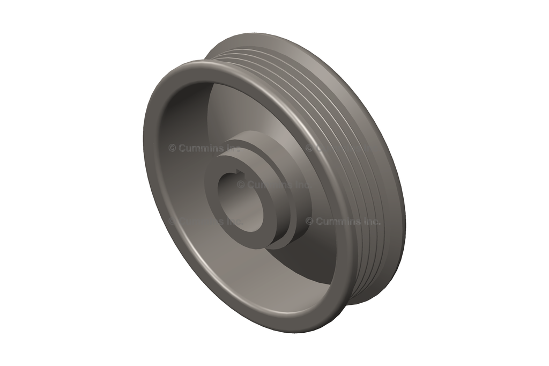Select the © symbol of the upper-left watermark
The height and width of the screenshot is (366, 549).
pyautogui.click(x=172, y=148)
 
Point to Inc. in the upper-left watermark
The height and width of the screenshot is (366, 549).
pyautogui.click(x=232, y=148)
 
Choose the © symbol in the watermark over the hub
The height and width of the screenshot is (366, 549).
pyautogui.click(x=241, y=185)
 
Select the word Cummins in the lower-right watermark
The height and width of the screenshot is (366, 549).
pyautogui.click(x=338, y=221)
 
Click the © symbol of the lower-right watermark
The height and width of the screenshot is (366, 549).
pyautogui.click(x=309, y=221)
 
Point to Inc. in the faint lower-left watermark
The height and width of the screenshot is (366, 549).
pyautogui.click(x=232, y=221)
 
